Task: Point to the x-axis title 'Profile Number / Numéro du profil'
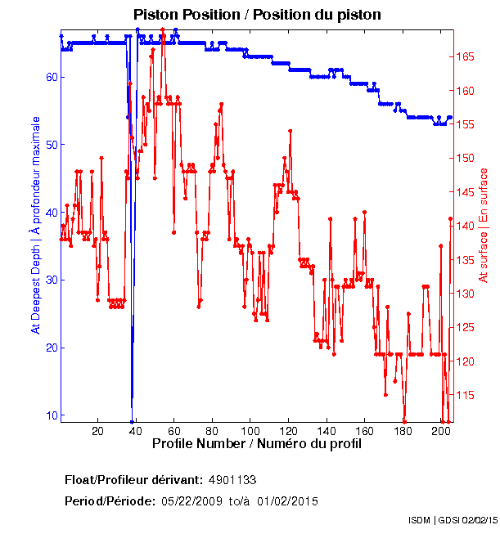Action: [x=256, y=443]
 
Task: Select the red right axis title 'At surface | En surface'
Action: [x=484, y=226]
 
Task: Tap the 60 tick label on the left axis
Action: [x=50, y=77]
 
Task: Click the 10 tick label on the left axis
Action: [x=50, y=415]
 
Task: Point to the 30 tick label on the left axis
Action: [x=50, y=280]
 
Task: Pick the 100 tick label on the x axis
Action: [x=250, y=430]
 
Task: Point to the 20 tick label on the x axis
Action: [x=97, y=430]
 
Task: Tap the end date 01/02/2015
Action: [x=288, y=501]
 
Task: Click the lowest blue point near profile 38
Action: [x=132, y=421]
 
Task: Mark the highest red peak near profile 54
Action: [x=163, y=29]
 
